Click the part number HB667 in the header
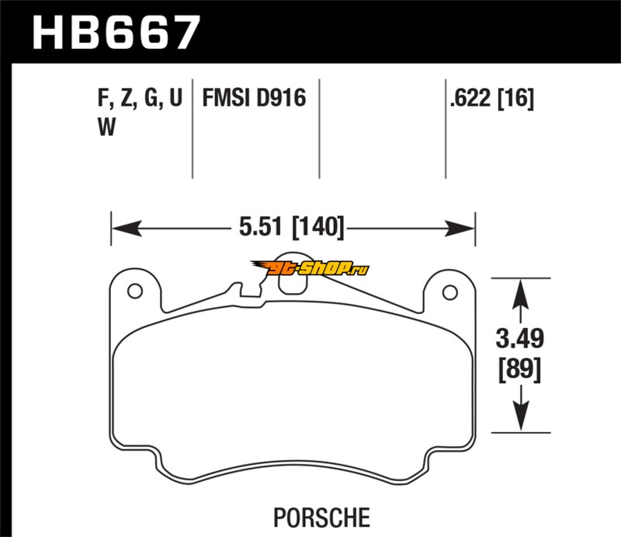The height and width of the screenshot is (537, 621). click(x=116, y=33)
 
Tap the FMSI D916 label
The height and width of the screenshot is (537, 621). click(x=254, y=98)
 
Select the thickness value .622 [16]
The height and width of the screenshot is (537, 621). click(x=492, y=98)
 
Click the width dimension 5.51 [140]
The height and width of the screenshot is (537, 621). click(x=292, y=227)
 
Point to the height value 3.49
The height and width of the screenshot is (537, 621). click(x=520, y=338)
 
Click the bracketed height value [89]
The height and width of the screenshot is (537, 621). click(x=519, y=370)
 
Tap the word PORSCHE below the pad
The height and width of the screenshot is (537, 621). click(x=321, y=518)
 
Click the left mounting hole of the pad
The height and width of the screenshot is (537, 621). click(x=135, y=291)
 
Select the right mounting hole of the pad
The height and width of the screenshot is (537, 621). click(x=450, y=293)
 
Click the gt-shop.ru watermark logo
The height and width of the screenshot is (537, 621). click(x=310, y=268)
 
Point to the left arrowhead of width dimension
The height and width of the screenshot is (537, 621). click(x=127, y=228)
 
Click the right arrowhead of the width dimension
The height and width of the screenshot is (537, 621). click(x=460, y=228)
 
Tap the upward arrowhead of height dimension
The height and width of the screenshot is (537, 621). click(x=521, y=295)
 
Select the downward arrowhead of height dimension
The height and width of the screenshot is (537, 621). click(x=521, y=416)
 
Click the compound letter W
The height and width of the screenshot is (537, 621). click(x=106, y=127)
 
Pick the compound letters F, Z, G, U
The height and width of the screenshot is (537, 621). click(x=141, y=98)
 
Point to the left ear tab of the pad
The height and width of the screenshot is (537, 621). click(x=135, y=290)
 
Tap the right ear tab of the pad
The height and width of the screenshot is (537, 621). click(x=449, y=291)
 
